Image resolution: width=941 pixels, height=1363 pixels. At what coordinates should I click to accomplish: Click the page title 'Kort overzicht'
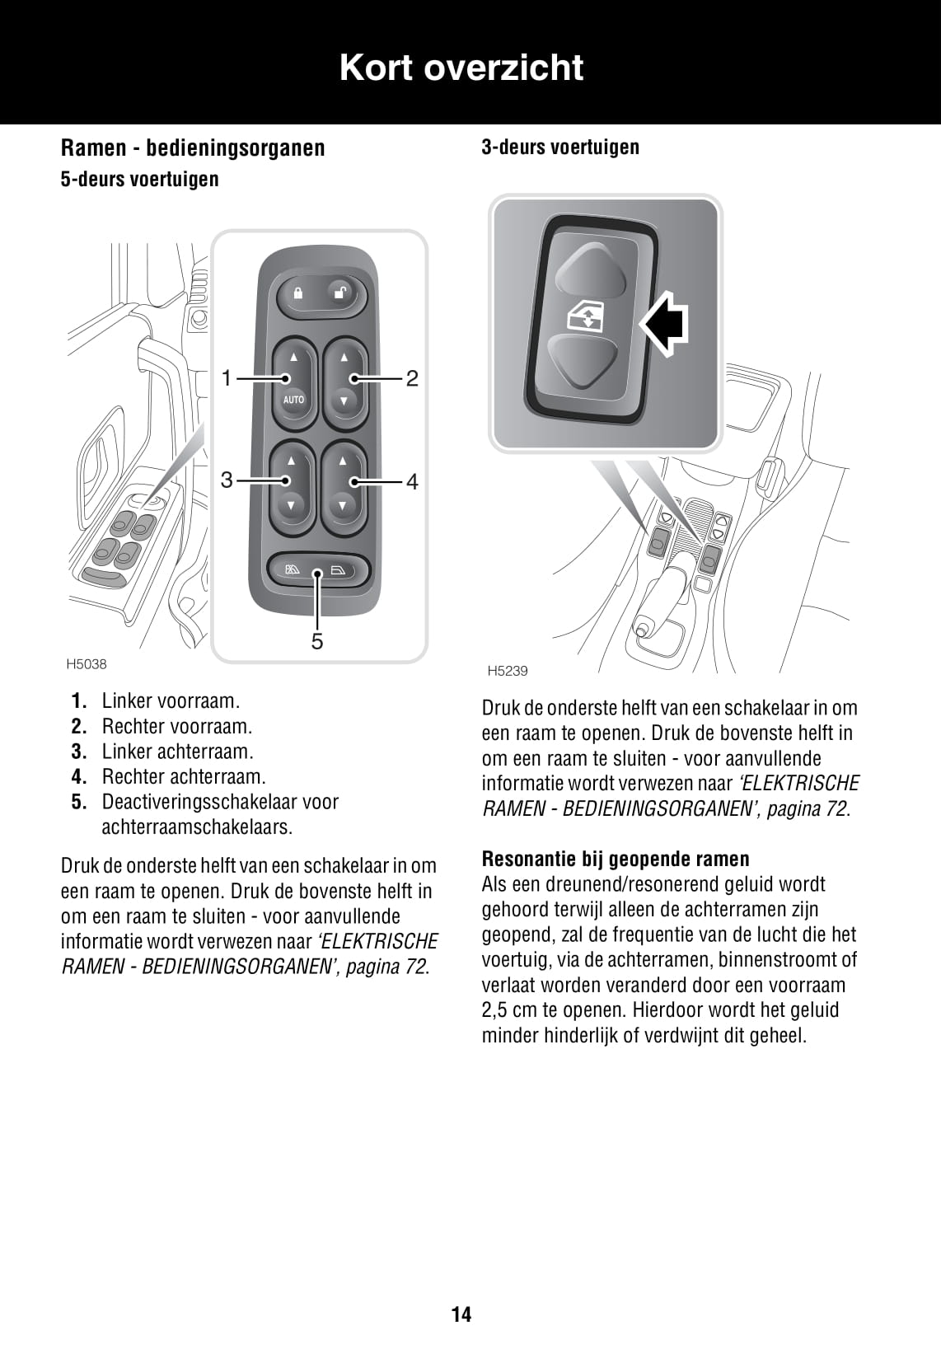click(x=461, y=68)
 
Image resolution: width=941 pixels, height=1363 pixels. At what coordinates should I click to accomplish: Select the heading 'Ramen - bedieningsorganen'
click(x=193, y=148)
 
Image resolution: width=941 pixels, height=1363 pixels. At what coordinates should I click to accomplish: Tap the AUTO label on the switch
click(x=293, y=400)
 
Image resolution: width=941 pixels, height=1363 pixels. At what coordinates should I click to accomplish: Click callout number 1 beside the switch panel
click(x=227, y=378)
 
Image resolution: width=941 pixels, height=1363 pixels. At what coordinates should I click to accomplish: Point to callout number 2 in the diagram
click(x=412, y=378)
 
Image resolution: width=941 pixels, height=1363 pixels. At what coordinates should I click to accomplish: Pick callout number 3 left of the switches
click(x=227, y=480)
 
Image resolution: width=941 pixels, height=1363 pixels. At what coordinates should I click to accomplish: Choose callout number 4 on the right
click(x=412, y=481)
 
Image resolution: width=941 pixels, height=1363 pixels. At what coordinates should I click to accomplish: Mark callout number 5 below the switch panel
click(x=317, y=641)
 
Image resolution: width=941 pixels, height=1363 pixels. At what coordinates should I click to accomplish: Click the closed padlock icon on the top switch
click(x=297, y=293)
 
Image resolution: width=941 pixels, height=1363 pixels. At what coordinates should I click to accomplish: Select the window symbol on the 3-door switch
click(x=584, y=317)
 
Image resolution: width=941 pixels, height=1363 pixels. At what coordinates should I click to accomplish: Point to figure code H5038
click(x=87, y=664)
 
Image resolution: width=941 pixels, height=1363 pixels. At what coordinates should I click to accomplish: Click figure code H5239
click(x=507, y=671)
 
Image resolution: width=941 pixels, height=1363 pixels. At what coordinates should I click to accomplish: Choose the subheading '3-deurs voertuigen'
click(x=560, y=148)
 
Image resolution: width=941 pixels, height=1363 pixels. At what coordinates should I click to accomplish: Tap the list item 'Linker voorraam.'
click(x=171, y=701)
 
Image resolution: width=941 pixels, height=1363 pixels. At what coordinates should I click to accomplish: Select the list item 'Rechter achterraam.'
click(x=184, y=776)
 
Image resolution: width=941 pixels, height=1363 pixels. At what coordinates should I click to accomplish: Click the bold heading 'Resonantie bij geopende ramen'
click(x=616, y=859)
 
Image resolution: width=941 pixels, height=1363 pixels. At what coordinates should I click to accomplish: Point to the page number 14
click(x=461, y=1314)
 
